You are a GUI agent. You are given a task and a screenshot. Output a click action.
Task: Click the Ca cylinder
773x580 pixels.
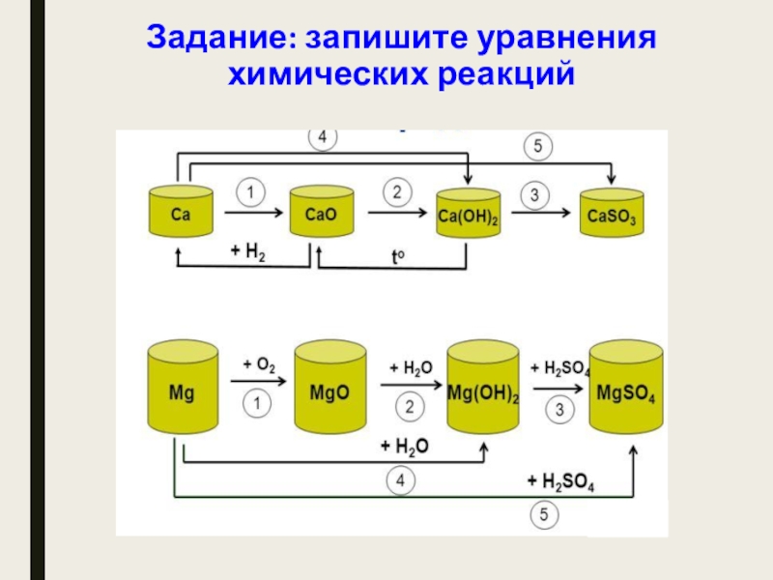pos(181,213)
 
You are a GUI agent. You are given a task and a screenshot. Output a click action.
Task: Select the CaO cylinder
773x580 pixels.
pos(321,213)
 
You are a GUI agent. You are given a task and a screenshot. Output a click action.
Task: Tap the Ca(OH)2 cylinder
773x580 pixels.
pos(469,215)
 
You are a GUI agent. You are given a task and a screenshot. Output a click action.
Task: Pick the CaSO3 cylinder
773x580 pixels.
pos(612,215)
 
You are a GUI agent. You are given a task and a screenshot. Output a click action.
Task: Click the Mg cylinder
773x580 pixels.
pos(181,391)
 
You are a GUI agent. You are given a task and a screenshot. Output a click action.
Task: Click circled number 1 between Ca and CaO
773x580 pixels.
pos(250,193)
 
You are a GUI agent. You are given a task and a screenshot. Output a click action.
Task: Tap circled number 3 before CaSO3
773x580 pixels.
pos(534,195)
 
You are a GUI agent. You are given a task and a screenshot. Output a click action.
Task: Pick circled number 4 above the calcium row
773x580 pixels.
pos(323,138)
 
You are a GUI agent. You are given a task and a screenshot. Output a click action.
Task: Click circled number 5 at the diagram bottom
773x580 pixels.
pos(546,517)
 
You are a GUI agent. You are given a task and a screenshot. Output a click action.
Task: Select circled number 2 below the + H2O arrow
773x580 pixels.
pos(410,408)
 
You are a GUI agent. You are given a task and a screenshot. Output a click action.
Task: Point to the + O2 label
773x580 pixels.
pos(259,365)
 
